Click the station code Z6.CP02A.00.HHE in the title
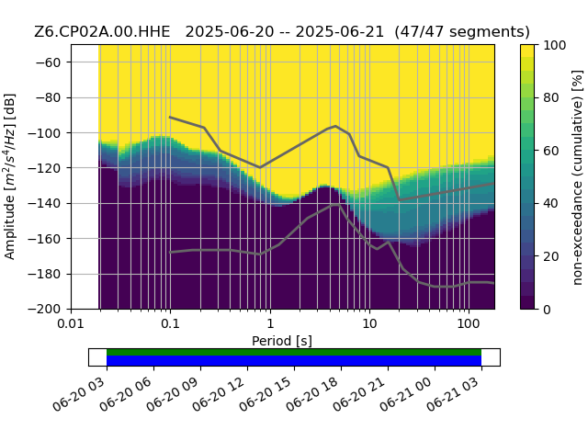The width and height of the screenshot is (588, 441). pyautogui.click(x=102, y=32)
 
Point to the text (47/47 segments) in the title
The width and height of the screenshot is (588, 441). pyautogui.click(x=462, y=32)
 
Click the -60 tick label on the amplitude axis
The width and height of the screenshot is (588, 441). pyautogui.click(x=48, y=62)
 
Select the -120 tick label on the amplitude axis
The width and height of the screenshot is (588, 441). pyautogui.click(x=45, y=168)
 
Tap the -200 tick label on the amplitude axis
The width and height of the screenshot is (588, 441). pyautogui.click(x=45, y=310)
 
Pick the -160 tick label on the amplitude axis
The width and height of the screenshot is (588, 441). pyautogui.click(x=45, y=239)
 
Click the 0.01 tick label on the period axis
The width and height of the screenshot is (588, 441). pyautogui.click(x=72, y=323)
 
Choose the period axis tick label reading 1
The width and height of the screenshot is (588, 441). pyautogui.click(x=270, y=323)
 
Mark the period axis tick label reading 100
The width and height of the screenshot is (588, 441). pyautogui.click(x=469, y=323)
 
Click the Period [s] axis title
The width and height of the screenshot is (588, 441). pyautogui.click(x=282, y=341)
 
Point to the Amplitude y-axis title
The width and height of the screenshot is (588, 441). pyautogui.click(x=10, y=176)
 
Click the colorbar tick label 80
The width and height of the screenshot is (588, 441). pyautogui.click(x=551, y=98)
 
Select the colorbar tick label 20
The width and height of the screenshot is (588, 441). pyautogui.click(x=551, y=257)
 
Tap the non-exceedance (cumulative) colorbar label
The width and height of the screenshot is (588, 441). pyautogui.click(x=578, y=177)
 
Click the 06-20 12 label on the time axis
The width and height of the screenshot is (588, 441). pyautogui.click(x=219, y=394)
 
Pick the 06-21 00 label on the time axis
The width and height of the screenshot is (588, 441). pyautogui.click(x=406, y=394)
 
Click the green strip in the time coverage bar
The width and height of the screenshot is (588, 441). pyautogui.click(x=294, y=352)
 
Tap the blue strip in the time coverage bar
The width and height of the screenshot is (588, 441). pyautogui.click(x=294, y=361)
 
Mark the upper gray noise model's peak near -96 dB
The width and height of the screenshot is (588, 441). pyautogui.click(x=335, y=126)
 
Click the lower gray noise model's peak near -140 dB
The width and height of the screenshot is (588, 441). pyautogui.click(x=336, y=205)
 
